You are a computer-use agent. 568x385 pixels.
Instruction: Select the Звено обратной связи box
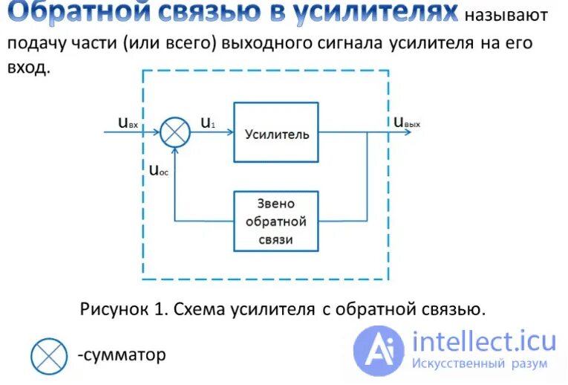coord(276,221)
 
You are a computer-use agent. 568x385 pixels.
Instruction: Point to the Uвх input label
coord(128,123)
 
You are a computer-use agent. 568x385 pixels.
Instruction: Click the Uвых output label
coord(407,123)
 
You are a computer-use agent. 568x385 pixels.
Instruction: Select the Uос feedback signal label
coord(157,169)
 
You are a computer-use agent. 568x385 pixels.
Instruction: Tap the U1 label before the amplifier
coord(208,123)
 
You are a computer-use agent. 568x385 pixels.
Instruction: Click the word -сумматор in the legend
coord(121,355)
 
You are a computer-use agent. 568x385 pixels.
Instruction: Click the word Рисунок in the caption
coord(112,308)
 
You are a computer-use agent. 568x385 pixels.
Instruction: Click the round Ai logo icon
coord(379,350)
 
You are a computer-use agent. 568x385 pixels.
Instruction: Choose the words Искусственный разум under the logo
coord(483,363)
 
